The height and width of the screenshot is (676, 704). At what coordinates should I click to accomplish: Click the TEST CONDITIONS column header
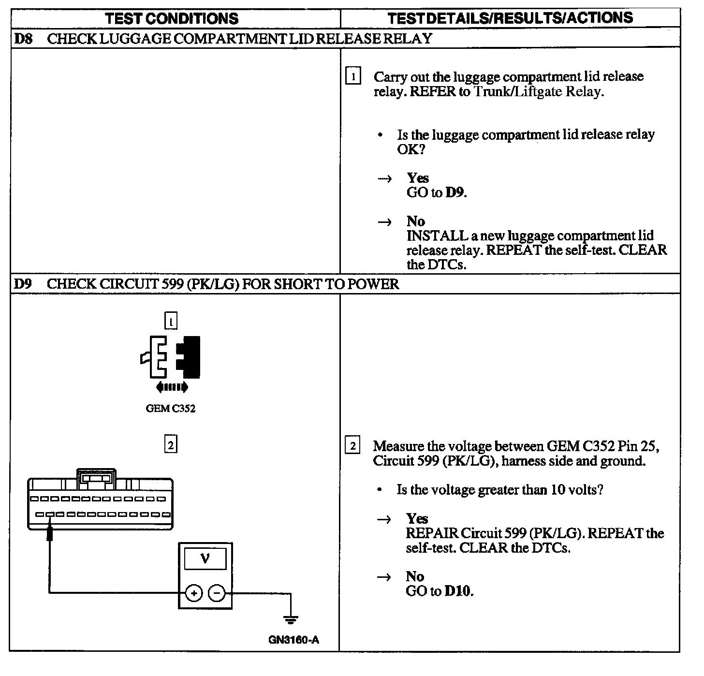coord(172,19)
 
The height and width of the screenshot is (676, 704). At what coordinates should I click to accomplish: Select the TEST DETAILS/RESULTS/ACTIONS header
coord(510,18)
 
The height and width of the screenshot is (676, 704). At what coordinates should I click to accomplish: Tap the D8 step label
coord(23,39)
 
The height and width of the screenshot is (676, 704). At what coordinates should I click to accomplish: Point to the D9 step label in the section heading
coord(22,284)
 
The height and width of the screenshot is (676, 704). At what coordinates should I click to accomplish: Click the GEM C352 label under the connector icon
coord(170,409)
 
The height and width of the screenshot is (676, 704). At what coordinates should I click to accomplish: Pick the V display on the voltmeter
coord(205,559)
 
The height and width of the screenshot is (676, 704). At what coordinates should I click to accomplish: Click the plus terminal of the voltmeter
coord(194,593)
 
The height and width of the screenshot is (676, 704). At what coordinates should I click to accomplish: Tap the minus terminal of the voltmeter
coord(217,593)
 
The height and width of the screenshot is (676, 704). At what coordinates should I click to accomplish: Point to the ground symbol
coord(290,619)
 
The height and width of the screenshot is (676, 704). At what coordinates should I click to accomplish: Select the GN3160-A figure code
coord(293,640)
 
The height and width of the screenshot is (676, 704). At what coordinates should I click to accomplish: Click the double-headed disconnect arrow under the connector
coord(172,387)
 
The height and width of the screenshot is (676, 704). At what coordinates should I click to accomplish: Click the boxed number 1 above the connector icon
coord(171,321)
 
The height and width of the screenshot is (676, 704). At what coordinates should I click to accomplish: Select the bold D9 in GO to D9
coord(455,192)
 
